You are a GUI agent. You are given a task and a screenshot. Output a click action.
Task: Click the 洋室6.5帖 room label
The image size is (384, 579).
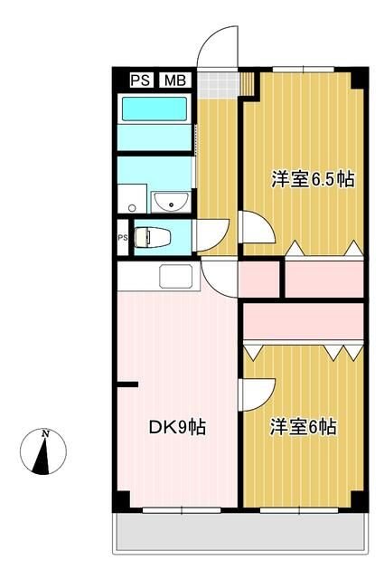tap(312, 179)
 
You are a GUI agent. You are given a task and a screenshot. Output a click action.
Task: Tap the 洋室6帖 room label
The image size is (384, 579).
tap(304, 426)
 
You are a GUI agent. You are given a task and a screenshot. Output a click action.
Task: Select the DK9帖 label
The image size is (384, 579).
tap(177, 426)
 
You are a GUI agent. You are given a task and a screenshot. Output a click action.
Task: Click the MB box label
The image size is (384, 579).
tap(173, 80)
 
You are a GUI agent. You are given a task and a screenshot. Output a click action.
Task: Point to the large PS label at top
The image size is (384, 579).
tap(140, 80)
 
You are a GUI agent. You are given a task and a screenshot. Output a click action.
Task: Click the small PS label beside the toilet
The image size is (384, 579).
tap(122, 238)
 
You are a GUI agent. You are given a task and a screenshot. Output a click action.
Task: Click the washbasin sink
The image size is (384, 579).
tap(168, 200)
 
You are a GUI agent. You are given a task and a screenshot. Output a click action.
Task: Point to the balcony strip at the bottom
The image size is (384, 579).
tap(239, 534)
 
